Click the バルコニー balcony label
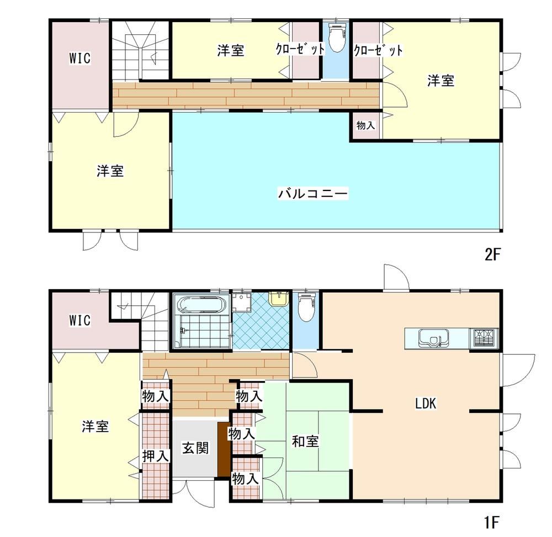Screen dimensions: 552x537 tap(312, 193)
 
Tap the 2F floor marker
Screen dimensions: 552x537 tap(492, 254)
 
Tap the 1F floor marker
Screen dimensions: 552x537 tap(492, 522)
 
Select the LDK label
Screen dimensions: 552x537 tap(426, 403)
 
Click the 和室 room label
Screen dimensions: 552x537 tap(305, 442)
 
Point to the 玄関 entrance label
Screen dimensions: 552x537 tap(195, 448)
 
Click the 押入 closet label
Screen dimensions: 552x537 tap(155, 456)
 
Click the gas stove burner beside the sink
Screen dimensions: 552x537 tap(484, 338)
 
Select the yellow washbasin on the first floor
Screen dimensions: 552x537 tap(278, 298)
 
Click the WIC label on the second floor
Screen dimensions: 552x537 tap(80, 58)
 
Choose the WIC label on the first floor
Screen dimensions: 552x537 tap(80, 320)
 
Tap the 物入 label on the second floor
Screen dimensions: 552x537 tap(365, 125)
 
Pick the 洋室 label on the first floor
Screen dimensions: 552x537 tap(95, 427)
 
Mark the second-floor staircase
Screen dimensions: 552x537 tap(141, 51)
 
